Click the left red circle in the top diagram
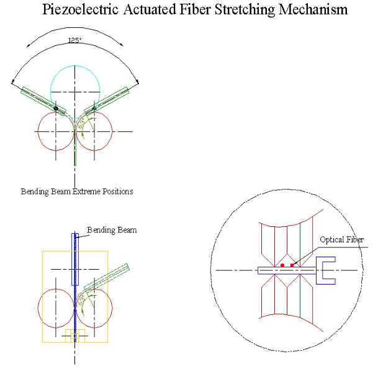coord(43,131)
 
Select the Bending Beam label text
coord(111,230)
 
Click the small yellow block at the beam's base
coord(75,335)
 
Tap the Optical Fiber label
coord(341,239)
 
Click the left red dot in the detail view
coord(282,265)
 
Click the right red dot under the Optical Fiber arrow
coord(292,265)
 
